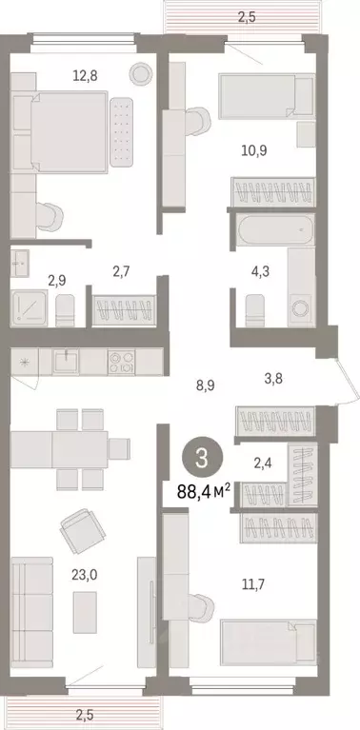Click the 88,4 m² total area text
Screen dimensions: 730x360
point(203,494)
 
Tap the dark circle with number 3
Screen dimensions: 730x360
point(201,457)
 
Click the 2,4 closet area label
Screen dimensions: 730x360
point(263,465)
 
